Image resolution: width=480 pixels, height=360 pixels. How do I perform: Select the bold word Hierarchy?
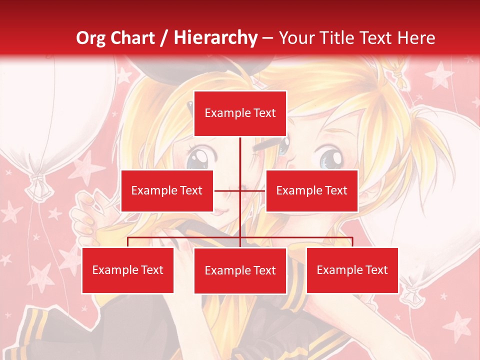tap(215, 38)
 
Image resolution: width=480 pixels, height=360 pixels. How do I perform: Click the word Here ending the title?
tap(416, 38)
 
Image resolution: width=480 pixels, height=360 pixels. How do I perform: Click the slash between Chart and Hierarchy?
tap(164, 38)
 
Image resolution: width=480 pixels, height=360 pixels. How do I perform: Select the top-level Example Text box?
tap(240, 113)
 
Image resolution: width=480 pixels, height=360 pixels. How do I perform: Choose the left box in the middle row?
tap(167, 190)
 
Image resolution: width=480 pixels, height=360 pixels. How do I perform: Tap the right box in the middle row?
tap(311, 190)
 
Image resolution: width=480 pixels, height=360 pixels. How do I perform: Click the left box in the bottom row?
tap(127, 270)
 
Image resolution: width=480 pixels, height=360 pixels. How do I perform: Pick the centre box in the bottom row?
tap(240, 270)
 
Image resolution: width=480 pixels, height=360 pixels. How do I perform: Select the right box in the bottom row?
tap(352, 270)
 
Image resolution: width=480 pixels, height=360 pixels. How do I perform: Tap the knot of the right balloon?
tap(413, 295)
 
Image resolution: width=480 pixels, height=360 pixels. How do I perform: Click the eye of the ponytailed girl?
tap(329, 157)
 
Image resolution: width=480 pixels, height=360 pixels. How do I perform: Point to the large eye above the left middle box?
tap(198, 158)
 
